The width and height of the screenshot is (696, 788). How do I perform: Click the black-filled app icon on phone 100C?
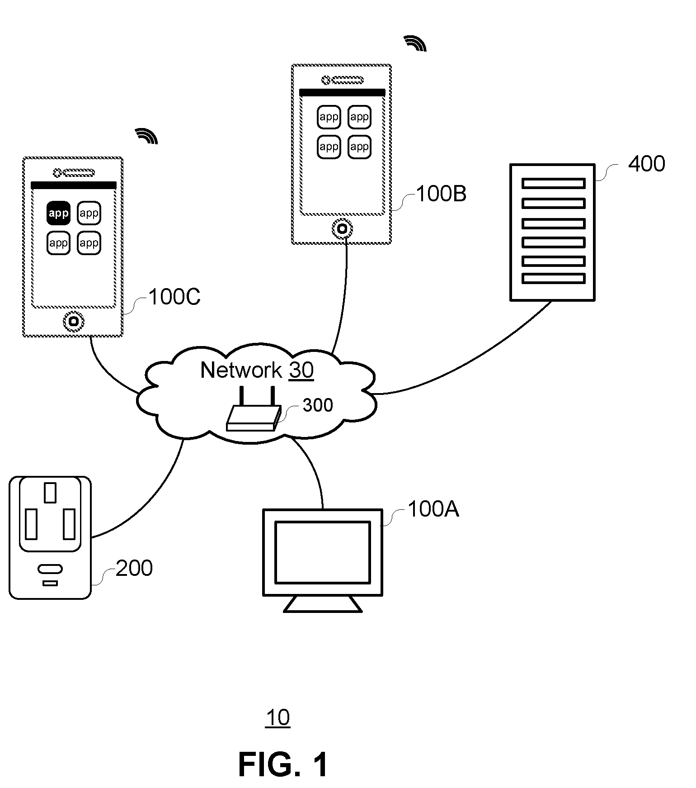(58, 213)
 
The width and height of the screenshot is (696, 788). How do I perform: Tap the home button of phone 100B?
(343, 229)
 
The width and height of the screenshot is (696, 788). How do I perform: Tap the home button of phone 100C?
(74, 321)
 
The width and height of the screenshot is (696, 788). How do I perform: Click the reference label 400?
(647, 163)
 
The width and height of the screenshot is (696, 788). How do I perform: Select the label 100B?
(441, 194)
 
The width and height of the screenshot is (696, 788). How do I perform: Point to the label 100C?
(174, 297)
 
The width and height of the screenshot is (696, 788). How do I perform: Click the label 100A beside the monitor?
(433, 509)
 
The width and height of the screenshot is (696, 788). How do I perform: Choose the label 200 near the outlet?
(134, 568)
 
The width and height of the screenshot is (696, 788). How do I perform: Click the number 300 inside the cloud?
(318, 405)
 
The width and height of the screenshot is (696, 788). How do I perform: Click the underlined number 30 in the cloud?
(301, 370)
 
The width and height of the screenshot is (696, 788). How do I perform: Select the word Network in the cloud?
(241, 370)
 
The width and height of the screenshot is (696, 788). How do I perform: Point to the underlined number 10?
(278, 718)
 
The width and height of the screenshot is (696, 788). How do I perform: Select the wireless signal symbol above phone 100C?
(147, 136)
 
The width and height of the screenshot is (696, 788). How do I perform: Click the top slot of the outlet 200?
(50, 493)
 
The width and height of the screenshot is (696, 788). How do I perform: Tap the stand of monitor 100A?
(323, 604)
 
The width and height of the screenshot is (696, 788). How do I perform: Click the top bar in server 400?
(554, 183)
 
